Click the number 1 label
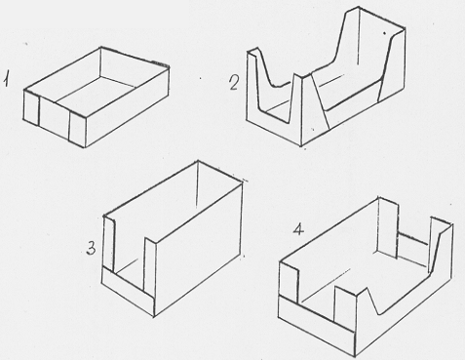pyautogui.click(x=6, y=79)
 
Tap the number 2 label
pyautogui.click(x=234, y=82)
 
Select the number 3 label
pyautogui.click(x=92, y=250)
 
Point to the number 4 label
pyautogui.click(x=298, y=229)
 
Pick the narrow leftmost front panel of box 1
pyautogui.click(x=31, y=107)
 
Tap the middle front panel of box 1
pyautogui.click(x=55, y=116)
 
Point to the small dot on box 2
pyautogui.click(x=384, y=33)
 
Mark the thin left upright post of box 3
pyautogui.click(x=109, y=244)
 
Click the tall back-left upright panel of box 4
pyautogui.click(x=388, y=227)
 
